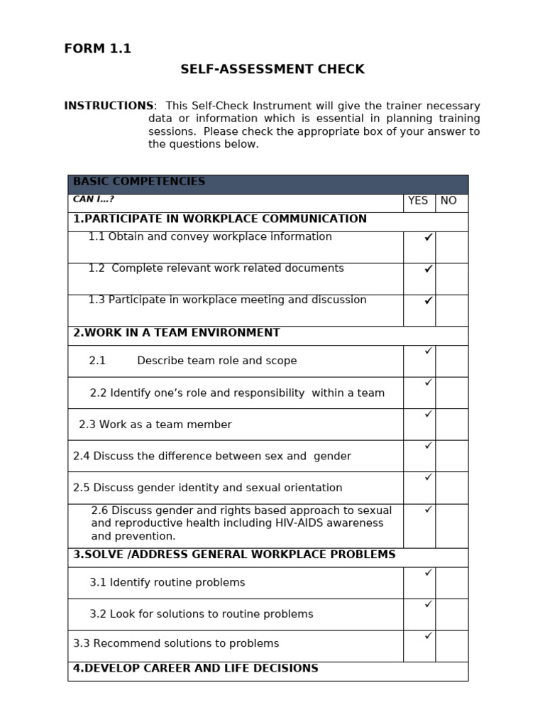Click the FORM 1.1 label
97,49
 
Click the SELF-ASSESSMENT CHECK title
272,70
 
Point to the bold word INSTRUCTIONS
109,106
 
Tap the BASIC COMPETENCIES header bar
268,183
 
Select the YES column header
418,201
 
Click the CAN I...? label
94,199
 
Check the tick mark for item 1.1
428,238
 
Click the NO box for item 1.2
451,278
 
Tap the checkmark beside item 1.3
428,301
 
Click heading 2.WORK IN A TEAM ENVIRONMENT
177,333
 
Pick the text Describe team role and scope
216,361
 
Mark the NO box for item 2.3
451,424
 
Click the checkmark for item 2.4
428,446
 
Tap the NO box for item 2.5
451,488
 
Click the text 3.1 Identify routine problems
167,582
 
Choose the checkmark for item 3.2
428,604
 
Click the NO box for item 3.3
451,645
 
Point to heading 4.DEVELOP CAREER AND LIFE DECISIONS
196,669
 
